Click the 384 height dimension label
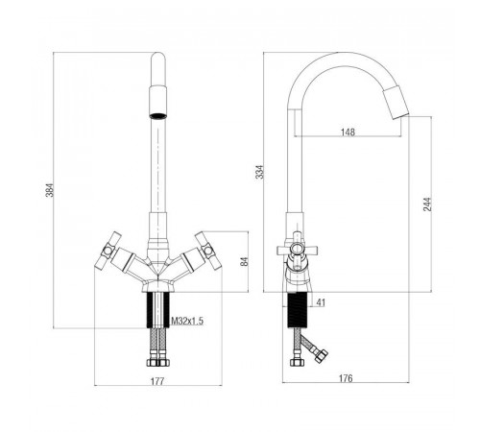(x=51, y=190)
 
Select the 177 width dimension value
(x=157, y=381)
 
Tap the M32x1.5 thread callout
(x=187, y=321)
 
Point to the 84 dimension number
(x=245, y=261)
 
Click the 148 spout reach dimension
(x=348, y=132)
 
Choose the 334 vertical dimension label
(x=260, y=172)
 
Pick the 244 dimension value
(x=427, y=204)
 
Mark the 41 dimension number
(x=321, y=302)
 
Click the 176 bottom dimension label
(x=346, y=378)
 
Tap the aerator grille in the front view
(x=158, y=116)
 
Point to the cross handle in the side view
(x=298, y=250)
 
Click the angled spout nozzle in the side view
(x=396, y=103)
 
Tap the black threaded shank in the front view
(x=158, y=310)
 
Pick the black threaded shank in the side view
(x=298, y=310)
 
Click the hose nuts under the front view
(x=158, y=362)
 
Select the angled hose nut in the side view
(x=321, y=356)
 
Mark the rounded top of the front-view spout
(x=158, y=58)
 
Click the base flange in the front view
(x=158, y=285)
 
